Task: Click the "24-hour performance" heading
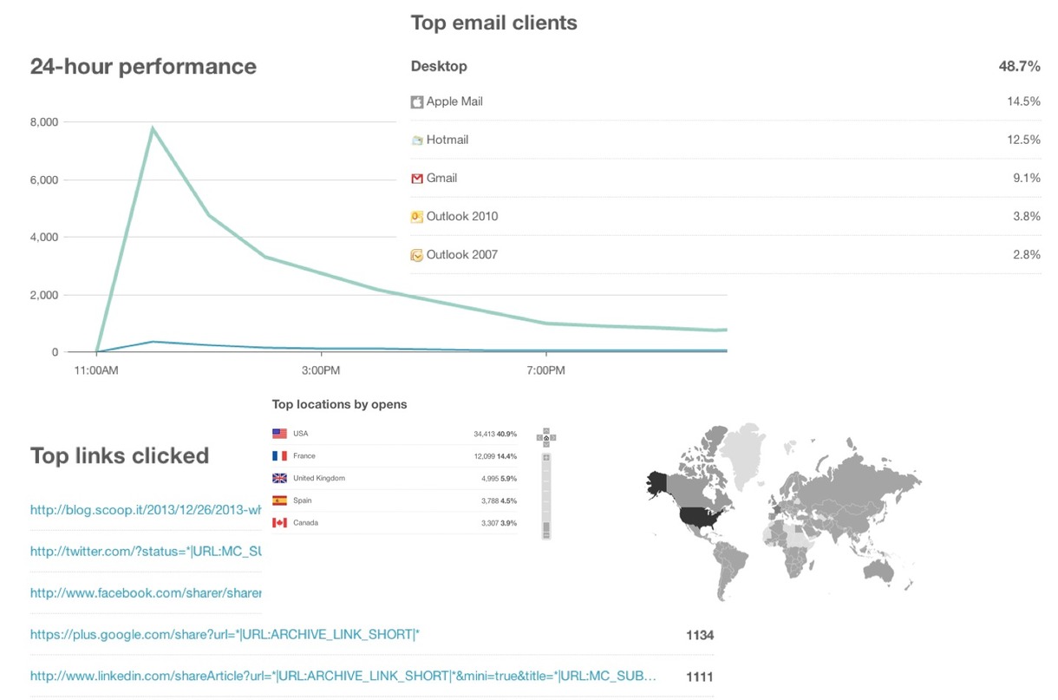[143, 67]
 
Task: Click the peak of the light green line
[153, 128]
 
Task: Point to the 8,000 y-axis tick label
[43, 122]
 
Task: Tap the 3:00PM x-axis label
[321, 370]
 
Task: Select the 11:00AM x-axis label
[96, 370]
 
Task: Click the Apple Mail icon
[417, 102]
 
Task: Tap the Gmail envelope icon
[417, 179]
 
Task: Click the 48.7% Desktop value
[1020, 67]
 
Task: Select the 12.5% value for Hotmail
[1023, 140]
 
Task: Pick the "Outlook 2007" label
[461, 255]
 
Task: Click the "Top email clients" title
[493, 23]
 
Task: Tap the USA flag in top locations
[279, 434]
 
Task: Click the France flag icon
[279, 456]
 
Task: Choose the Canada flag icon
[279, 523]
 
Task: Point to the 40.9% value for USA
[506, 434]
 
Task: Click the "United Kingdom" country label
[319, 479]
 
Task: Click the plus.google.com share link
[225, 635]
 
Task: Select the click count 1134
[699, 635]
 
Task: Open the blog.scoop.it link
[146, 510]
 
